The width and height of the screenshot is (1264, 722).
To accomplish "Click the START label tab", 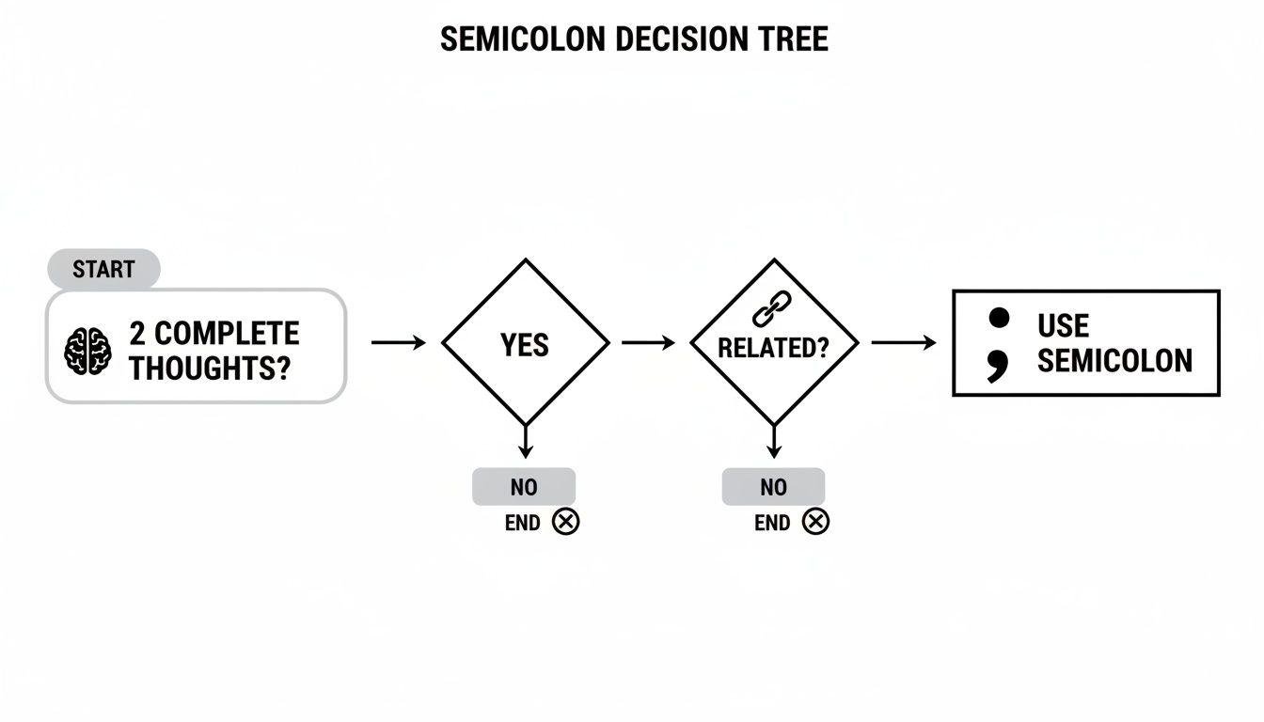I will point(103,270).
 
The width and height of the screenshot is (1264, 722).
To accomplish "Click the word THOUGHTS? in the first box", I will point(209,368).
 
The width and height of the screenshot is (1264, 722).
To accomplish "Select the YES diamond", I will point(525,344).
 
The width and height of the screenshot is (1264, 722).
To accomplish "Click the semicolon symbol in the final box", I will point(998,343).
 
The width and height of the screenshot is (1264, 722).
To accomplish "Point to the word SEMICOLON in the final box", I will point(1114,360).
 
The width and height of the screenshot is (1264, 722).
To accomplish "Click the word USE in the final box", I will point(1063,326).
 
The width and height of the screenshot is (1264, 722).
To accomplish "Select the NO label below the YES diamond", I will point(524,487).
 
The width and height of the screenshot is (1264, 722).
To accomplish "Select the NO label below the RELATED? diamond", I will point(773,487).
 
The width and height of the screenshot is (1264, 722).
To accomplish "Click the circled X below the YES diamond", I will point(565,522).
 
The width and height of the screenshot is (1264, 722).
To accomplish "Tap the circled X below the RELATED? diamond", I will point(815,522).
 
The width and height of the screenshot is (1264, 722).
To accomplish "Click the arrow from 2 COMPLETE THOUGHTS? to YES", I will point(398,343).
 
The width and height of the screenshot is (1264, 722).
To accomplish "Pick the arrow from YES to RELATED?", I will point(649,343).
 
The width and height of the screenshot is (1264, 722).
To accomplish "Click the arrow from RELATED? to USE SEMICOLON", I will point(904,343).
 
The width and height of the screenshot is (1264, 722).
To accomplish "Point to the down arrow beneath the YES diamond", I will point(525,442).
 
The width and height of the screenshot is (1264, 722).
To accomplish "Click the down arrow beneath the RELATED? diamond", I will point(773,442).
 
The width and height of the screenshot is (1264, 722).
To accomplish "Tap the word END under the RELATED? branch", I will point(772,523).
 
